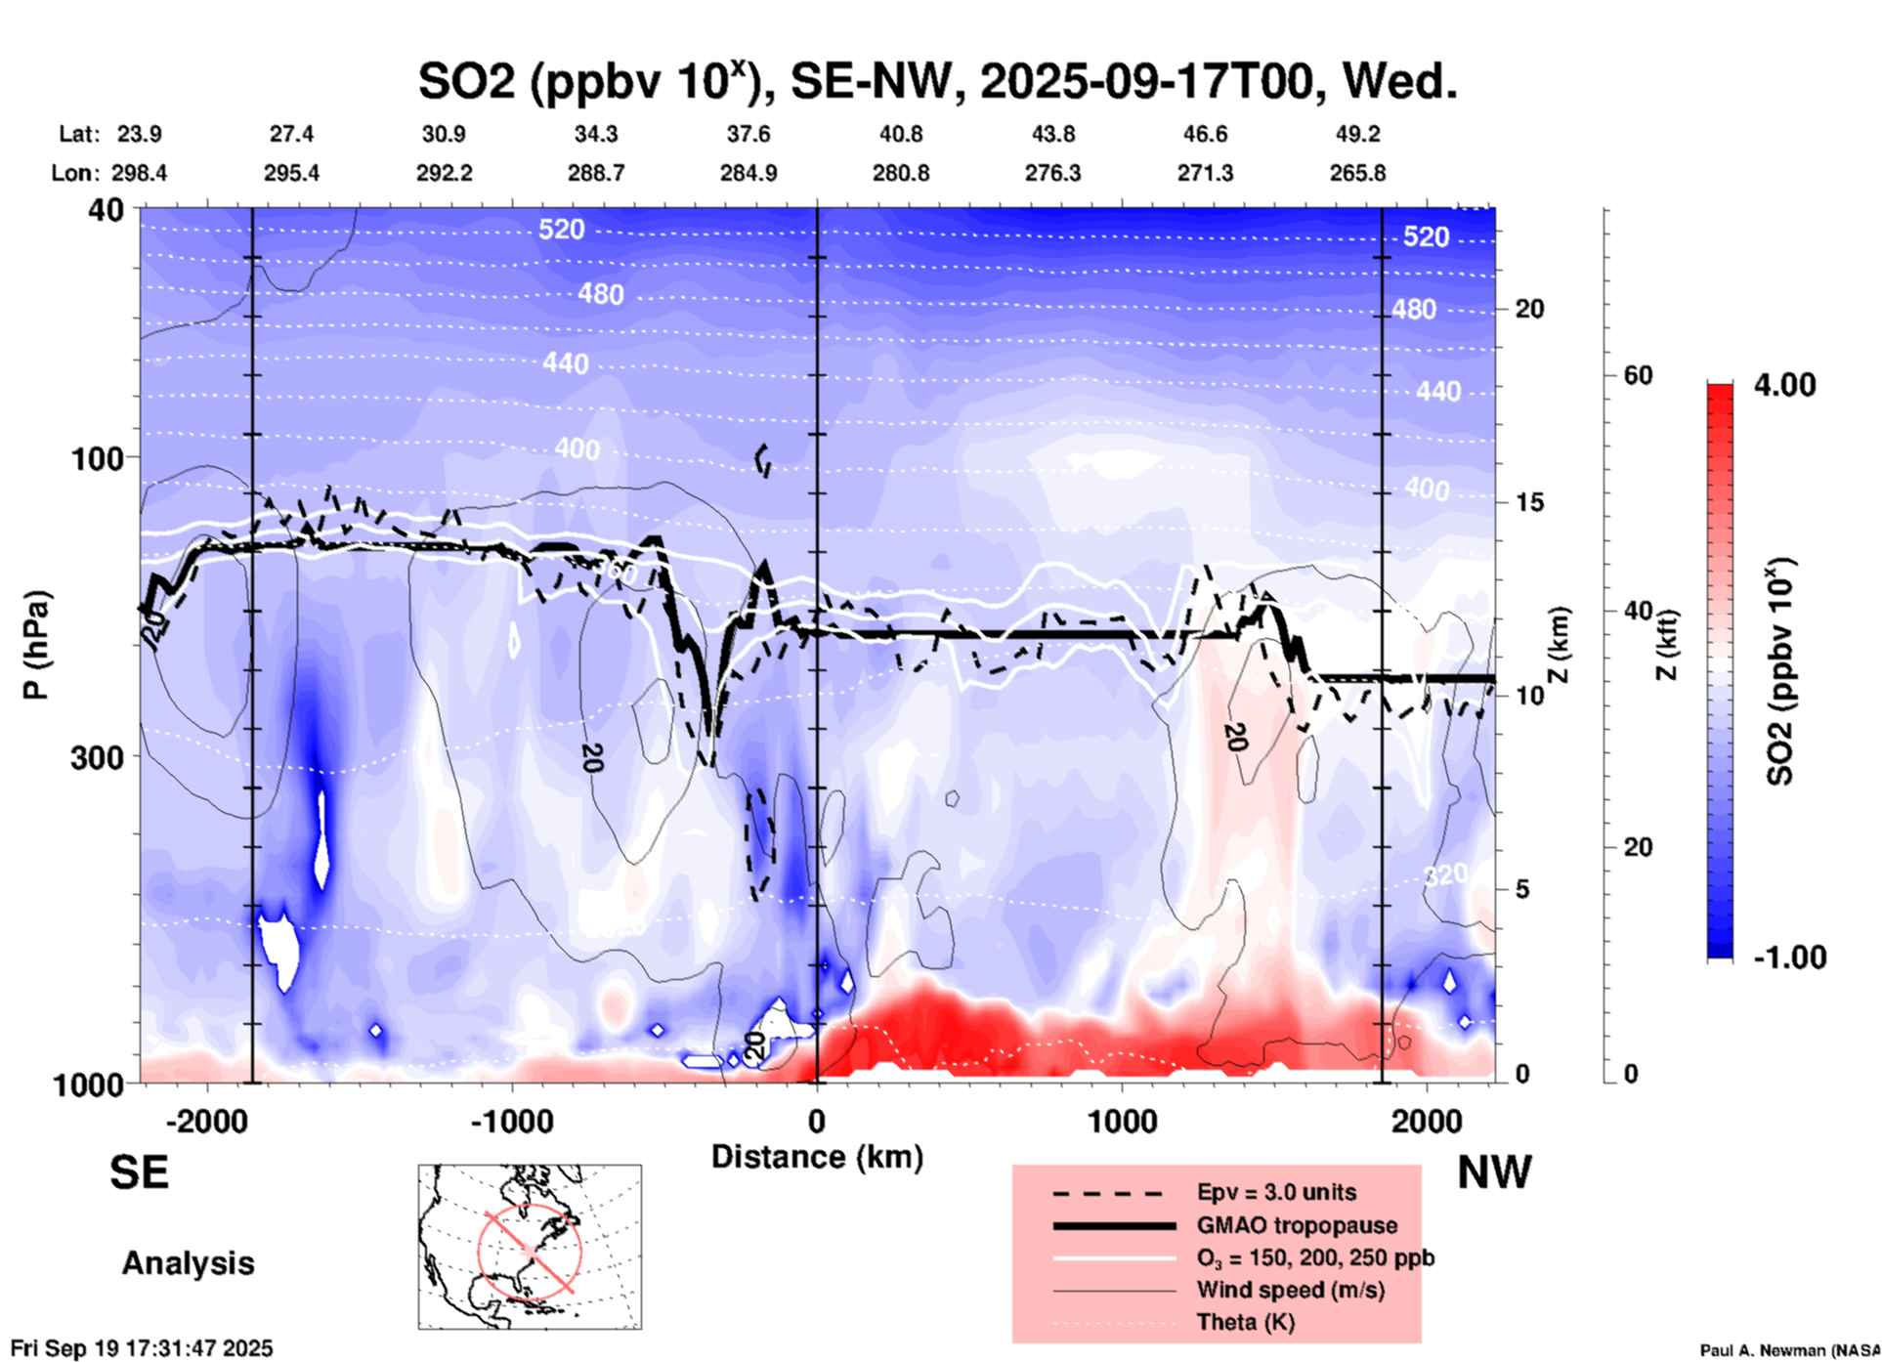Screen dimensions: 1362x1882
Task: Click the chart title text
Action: (x=937, y=80)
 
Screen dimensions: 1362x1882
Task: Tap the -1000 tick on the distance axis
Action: (x=511, y=1121)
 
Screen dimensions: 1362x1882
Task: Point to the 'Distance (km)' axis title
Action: (x=817, y=1157)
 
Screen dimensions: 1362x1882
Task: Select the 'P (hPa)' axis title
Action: (x=36, y=645)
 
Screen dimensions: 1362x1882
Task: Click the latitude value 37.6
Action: (x=749, y=134)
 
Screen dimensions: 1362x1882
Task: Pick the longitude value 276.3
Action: (x=1052, y=173)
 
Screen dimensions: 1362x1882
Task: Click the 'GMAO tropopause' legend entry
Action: (x=1297, y=1225)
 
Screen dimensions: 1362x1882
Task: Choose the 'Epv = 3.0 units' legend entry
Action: (x=1276, y=1192)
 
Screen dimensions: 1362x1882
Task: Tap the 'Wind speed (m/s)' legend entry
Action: (x=1290, y=1290)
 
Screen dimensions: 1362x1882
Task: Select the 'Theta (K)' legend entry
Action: (x=1245, y=1322)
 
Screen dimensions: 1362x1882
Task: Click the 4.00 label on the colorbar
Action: (x=1784, y=385)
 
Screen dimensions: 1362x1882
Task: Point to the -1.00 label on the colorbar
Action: (x=1788, y=957)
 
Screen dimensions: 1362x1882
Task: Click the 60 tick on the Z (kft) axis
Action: (x=1638, y=375)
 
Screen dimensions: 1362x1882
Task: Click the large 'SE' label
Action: (x=139, y=1172)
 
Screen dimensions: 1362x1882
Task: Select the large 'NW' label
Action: (x=1494, y=1172)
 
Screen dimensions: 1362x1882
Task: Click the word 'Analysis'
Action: (x=188, y=1263)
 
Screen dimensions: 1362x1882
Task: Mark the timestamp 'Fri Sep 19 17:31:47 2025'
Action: (x=142, y=1349)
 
